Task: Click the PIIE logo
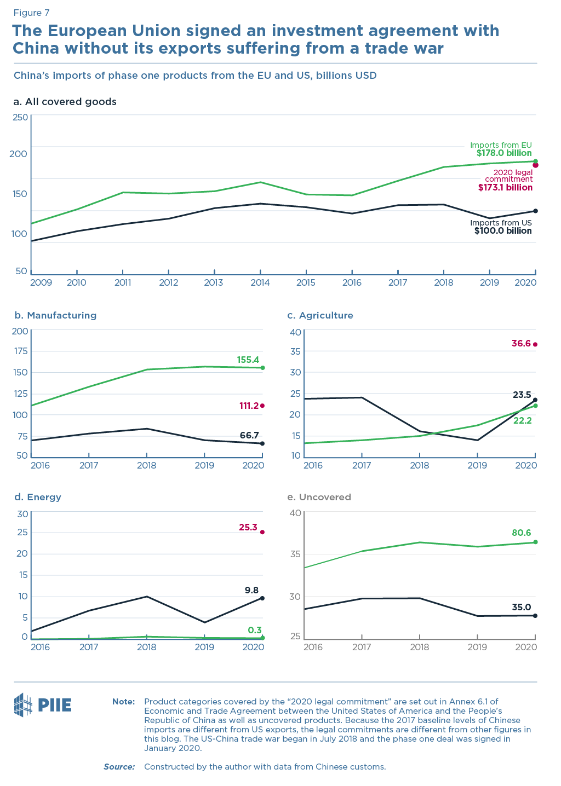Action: click(x=43, y=704)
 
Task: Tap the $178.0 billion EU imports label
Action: click(x=503, y=153)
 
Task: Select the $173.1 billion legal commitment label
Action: click(x=505, y=187)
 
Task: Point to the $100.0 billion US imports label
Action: click(x=503, y=231)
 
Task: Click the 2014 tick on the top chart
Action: click(x=260, y=282)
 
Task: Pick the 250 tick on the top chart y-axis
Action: click(x=20, y=117)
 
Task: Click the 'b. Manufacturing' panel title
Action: click(x=55, y=315)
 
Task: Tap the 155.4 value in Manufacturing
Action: click(x=248, y=360)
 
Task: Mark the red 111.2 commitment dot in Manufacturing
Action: click(x=262, y=406)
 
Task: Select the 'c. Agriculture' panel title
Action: click(x=320, y=315)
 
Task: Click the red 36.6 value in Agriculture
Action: click(x=521, y=344)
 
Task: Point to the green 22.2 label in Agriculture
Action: click(x=523, y=420)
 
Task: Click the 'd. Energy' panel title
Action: click(x=37, y=497)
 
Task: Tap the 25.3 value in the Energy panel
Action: click(x=248, y=528)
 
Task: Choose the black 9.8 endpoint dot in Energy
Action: click(x=262, y=598)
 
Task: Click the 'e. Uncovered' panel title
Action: click(x=319, y=497)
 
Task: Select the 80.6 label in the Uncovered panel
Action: click(x=521, y=533)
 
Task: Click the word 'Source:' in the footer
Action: click(x=119, y=767)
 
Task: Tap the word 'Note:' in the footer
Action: click(x=123, y=701)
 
